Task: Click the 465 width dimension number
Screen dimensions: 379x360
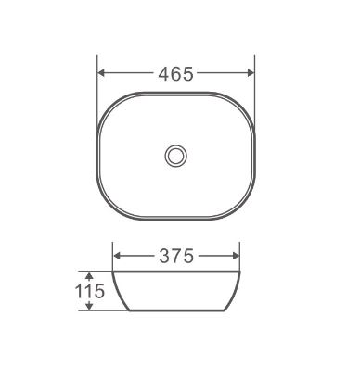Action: pyautogui.click(x=175, y=75)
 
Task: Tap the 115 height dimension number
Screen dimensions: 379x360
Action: pyautogui.click(x=88, y=290)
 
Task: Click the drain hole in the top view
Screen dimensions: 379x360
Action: pyautogui.click(x=175, y=155)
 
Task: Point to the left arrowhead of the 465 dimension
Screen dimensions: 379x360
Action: pyautogui.click(x=103, y=75)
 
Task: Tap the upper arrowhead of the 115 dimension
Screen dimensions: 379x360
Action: pyautogui.click(x=89, y=275)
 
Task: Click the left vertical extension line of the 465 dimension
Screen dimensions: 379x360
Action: pyautogui.click(x=98, y=83)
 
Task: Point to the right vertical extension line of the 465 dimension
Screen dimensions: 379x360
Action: pyautogui.click(x=253, y=83)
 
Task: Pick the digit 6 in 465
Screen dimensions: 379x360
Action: pyautogui.click(x=175, y=75)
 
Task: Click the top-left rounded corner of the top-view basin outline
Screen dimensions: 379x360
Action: pyautogui.click(x=111, y=103)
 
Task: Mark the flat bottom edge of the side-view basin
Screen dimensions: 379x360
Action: pyautogui.click(x=175, y=310)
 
